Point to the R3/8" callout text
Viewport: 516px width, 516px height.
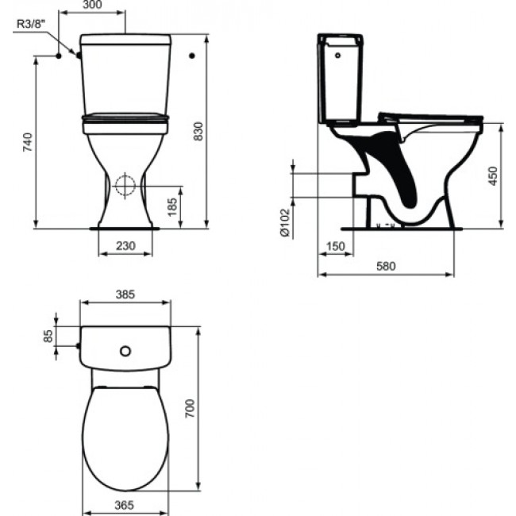click(31, 24)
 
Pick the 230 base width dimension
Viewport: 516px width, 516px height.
click(125, 246)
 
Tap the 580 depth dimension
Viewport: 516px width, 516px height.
click(386, 266)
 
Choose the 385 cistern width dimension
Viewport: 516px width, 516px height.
click(125, 294)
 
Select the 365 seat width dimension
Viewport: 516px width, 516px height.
click(125, 504)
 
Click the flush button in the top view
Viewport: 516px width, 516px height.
click(125, 350)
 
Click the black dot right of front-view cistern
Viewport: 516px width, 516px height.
click(192, 56)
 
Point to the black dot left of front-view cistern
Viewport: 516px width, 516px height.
click(59, 56)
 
